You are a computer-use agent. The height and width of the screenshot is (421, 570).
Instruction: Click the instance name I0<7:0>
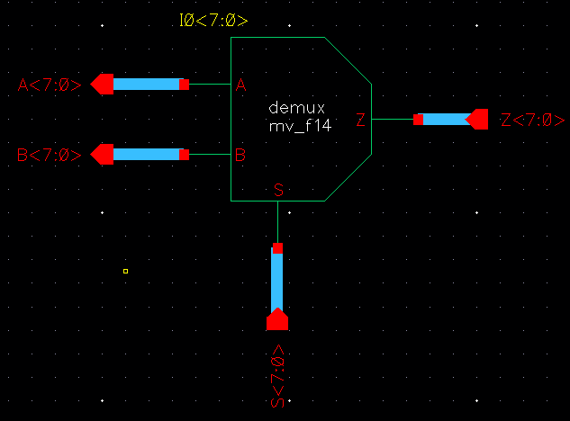[x=214, y=20]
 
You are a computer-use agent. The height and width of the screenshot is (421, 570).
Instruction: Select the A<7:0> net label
[x=50, y=85]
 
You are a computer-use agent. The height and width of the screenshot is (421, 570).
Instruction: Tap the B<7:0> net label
[x=50, y=155]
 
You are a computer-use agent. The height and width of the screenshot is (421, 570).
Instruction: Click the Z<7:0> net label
[x=533, y=121]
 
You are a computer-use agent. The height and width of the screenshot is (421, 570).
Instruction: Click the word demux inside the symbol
[x=291, y=108]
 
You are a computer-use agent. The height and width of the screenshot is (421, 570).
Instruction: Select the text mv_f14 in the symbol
[x=300, y=128]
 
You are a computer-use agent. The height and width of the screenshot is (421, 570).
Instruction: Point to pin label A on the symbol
[x=240, y=86]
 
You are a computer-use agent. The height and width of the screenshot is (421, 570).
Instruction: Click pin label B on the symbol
[x=240, y=155]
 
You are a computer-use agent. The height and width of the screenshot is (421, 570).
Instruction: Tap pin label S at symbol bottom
[x=277, y=190]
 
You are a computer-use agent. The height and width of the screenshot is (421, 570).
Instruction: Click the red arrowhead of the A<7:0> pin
[x=102, y=85]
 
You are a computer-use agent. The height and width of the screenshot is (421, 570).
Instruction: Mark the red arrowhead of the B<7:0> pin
[x=102, y=154]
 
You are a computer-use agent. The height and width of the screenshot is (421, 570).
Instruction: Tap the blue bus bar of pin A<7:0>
[x=146, y=85]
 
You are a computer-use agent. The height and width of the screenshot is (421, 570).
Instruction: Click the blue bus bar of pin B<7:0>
[x=146, y=154]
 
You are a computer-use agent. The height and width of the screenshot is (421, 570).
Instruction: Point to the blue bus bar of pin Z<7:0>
[x=445, y=120]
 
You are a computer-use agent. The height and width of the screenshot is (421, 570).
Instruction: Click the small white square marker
[x=125, y=271]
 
